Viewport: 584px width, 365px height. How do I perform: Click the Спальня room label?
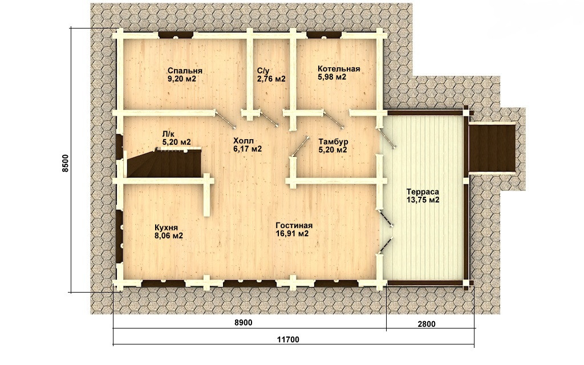(x=185, y=71)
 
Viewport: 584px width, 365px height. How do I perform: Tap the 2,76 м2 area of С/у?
(x=271, y=79)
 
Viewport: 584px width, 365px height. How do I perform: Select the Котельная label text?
(x=339, y=69)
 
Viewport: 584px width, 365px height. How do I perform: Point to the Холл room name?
(x=243, y=141)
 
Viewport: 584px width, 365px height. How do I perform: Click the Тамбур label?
(x=333, y=141)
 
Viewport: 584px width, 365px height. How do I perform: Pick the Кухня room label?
(x=166, y=228)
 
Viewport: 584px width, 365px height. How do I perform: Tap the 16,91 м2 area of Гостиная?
(x=293, y=234)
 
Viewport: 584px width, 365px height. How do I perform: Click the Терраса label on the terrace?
(x=423, y=192)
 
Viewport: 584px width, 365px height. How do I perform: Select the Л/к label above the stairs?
(x=168, y=133)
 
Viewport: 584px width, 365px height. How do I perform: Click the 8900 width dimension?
(x=244, y=323)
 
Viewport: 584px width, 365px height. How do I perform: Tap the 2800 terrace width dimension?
(x=427, y=324)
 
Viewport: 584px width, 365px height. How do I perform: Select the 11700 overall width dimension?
(x=288, y=340)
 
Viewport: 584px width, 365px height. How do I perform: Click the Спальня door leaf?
(x=225, y=119)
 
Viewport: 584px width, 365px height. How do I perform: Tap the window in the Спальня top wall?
(x=176, y=35)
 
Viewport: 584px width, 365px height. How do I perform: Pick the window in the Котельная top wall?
(x=324, y=35)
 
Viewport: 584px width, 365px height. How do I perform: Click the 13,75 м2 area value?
(x=423, y=200)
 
